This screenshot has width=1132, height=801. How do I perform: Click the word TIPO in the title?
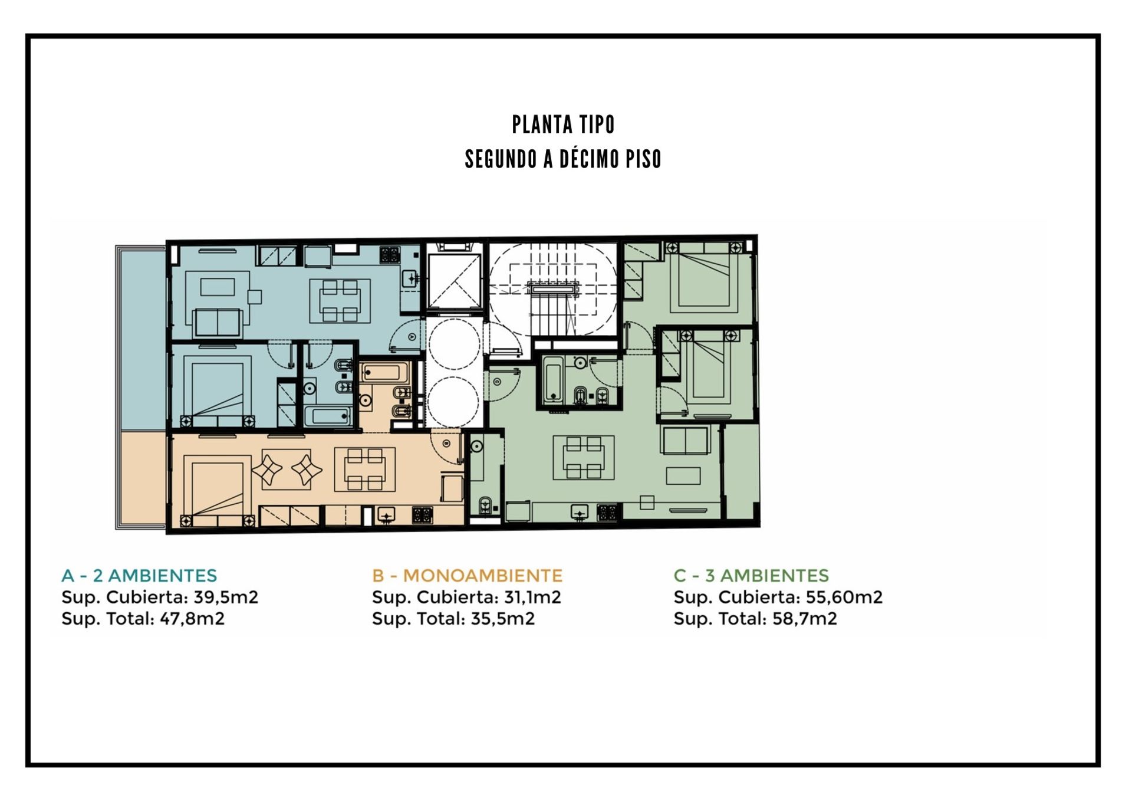click(597, 124)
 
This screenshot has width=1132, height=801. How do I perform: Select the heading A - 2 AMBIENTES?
click(139, 575)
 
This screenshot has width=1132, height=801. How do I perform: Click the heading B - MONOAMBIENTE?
click(467, 575)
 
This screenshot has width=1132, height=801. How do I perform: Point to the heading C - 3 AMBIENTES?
click(751, 575)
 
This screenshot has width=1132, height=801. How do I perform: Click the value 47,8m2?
click(192, 618)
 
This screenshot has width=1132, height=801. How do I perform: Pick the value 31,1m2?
click(532, 597)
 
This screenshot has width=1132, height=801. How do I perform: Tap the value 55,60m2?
click(844, 597)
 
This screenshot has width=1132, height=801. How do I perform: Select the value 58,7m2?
click(805, 618)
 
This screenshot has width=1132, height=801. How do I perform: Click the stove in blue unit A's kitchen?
click(389, 255)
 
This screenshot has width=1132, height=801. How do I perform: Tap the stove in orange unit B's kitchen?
click(422, 516)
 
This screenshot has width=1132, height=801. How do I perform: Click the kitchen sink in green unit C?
click(580, 513)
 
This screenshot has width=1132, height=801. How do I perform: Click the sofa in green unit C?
click(686, 439)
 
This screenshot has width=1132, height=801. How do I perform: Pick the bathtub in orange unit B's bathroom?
click(384, 373)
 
